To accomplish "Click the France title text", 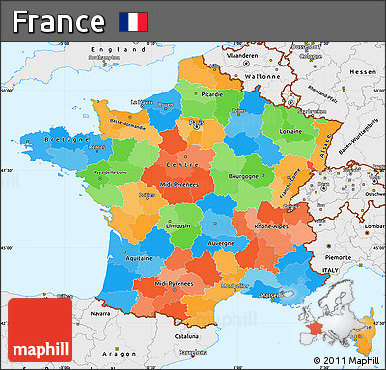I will (58, 20).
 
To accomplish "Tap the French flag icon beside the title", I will (132, 20).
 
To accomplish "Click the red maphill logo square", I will (38, 328).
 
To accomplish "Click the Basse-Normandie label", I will (128, 122).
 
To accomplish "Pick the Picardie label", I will (211, 95).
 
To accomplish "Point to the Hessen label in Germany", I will (364, 72).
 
